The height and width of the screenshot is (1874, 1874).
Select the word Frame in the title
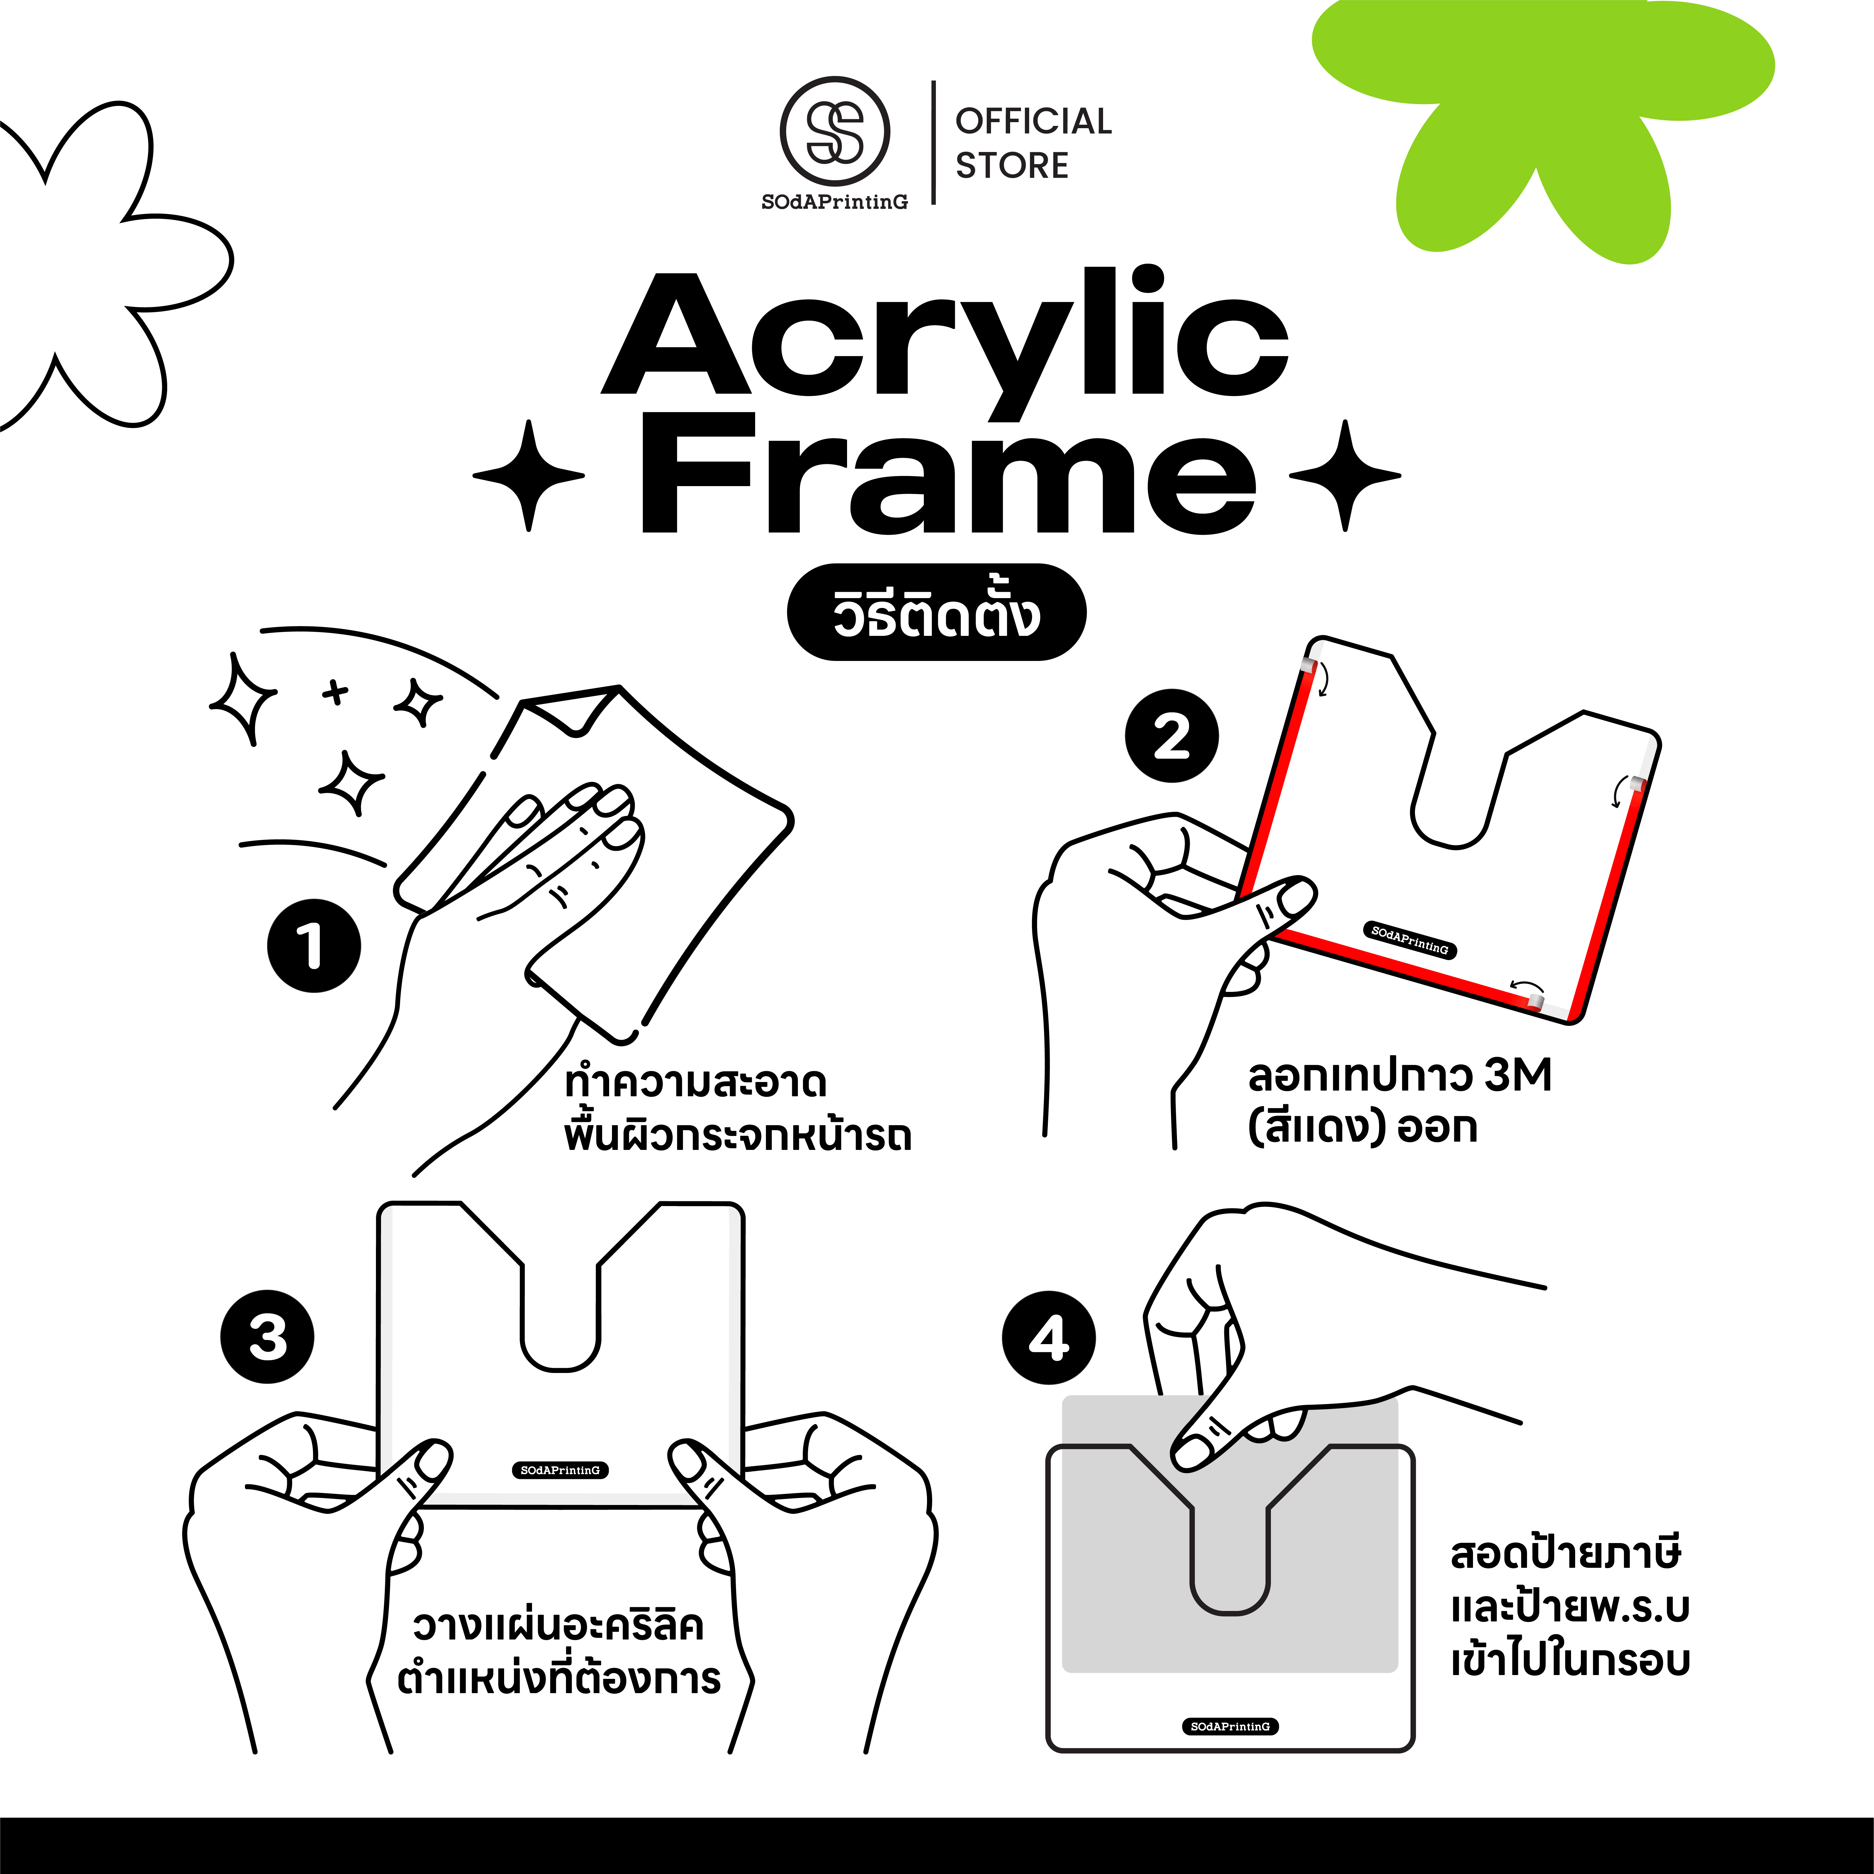948,472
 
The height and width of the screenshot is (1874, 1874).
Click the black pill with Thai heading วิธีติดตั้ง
936,612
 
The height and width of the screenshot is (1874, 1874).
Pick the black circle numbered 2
1172,735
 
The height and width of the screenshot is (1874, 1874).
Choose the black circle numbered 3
268,1336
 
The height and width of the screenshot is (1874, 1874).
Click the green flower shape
1542,116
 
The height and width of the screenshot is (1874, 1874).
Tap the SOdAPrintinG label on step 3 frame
560,1470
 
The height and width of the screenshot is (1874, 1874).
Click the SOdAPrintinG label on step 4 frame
1230,1726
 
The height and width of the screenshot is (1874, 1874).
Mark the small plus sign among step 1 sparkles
336,692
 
